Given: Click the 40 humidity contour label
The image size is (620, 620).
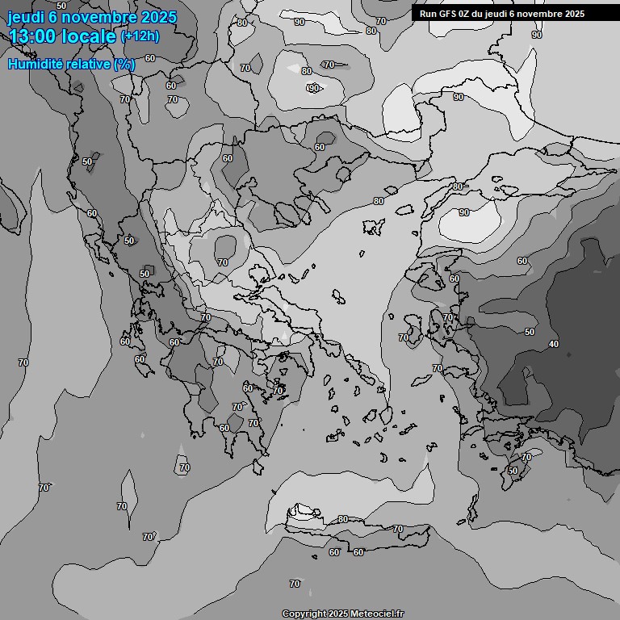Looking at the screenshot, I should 553,344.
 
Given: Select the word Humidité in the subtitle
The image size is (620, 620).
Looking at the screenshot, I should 33,64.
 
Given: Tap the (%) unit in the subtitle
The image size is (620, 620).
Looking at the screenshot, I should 124,64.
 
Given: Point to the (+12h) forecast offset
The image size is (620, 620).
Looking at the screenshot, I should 140,36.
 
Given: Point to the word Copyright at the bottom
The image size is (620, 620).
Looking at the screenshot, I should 304,614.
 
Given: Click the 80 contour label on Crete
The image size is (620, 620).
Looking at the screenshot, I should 343,519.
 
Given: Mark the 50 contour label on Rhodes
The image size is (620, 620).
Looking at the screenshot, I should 513,471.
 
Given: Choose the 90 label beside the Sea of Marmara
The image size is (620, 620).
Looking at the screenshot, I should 463,212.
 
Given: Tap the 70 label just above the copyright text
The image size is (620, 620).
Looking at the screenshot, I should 295,584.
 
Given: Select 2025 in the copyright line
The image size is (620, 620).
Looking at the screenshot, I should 338,614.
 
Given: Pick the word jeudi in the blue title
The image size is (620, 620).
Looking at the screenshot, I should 23,17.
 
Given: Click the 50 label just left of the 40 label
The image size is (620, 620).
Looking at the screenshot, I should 530,332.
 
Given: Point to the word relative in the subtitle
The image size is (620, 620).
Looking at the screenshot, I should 86,64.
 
